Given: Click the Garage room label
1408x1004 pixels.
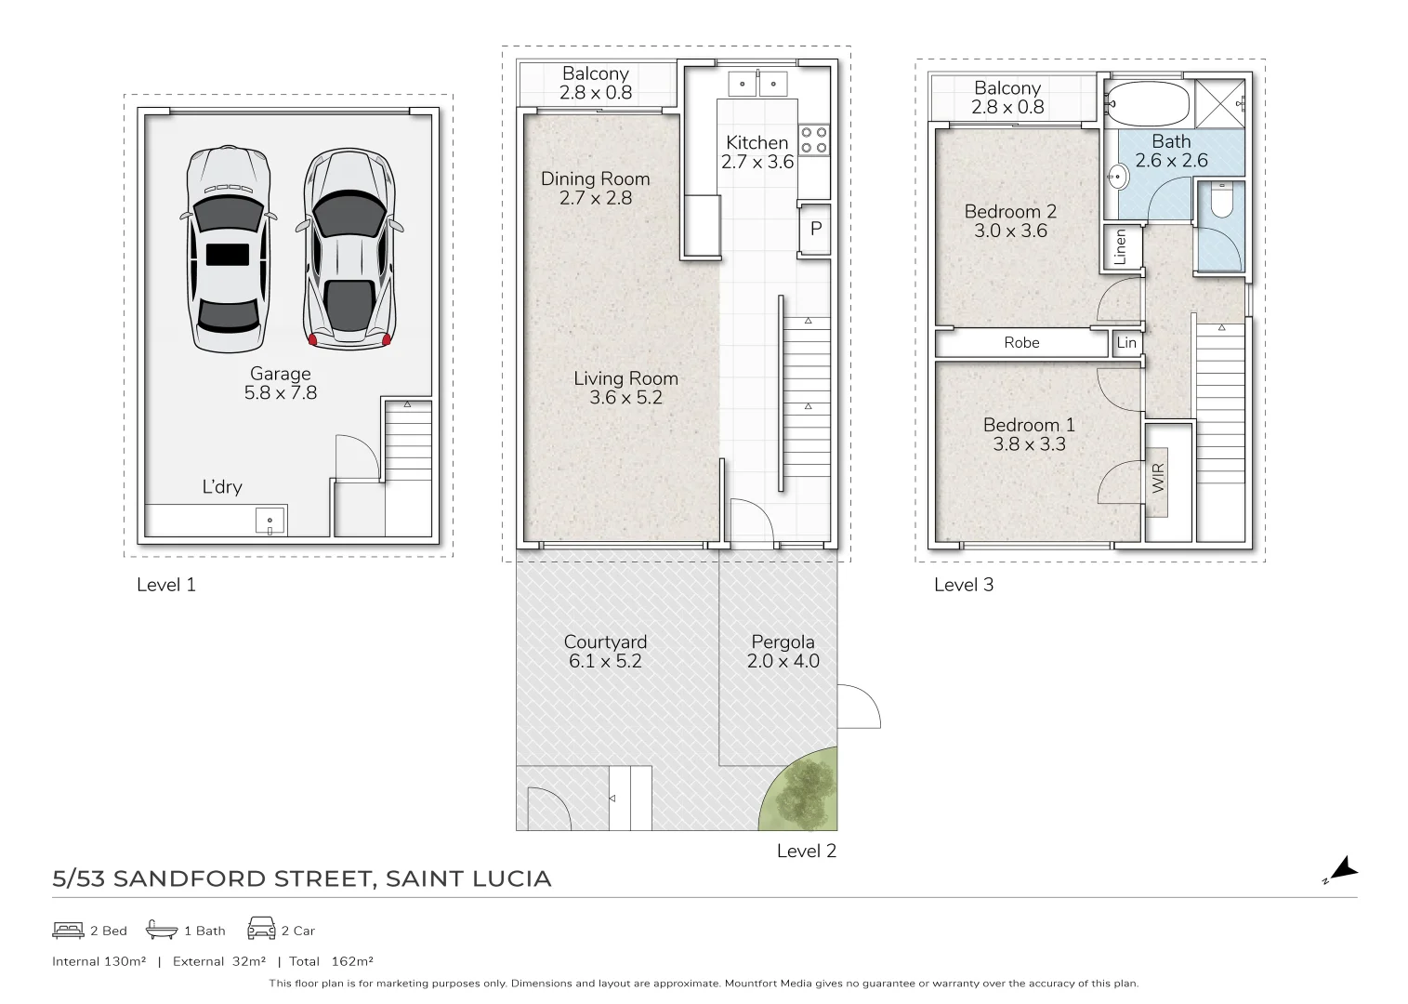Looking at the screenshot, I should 280,374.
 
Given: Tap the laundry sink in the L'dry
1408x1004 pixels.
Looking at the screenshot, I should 270,521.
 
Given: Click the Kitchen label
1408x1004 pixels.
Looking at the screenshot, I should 757,142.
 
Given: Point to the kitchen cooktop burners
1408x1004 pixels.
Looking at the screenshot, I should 814,140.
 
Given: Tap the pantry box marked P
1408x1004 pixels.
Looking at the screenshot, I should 815,228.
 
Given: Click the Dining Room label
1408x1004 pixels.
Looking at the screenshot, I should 595,178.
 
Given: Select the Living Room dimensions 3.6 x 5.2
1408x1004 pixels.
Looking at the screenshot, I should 625,398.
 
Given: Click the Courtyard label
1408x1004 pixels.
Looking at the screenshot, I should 605,642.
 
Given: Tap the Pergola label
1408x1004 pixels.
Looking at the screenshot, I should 783,642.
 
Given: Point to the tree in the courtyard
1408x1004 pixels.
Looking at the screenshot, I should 800,790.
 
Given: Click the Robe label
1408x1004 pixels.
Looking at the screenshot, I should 1020,343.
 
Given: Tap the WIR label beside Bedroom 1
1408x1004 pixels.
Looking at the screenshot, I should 1158,479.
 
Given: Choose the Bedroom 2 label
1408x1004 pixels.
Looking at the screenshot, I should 1010,212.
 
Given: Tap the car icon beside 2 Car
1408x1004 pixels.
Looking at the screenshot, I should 261,929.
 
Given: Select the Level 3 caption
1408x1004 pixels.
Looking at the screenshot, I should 964,585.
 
